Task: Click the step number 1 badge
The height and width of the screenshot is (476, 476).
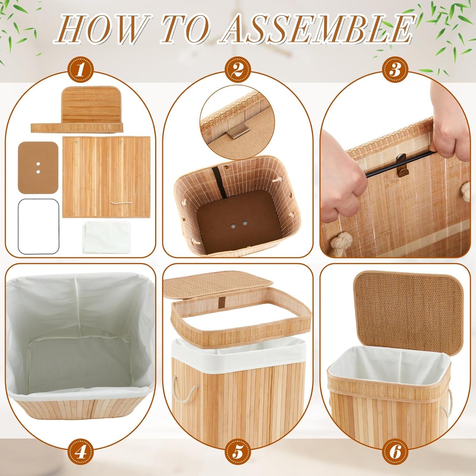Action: click(x=81, y=70)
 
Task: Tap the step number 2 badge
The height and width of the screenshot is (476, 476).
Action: click(x=238, y=70)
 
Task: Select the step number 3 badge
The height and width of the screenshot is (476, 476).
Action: click(x=395, y=70)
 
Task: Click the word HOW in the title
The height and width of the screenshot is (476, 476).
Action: click(x=102, y=30)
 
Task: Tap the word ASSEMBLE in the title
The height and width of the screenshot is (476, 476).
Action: click(x=316, y=30)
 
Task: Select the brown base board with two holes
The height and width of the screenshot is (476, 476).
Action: click(x=38, y=167)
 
